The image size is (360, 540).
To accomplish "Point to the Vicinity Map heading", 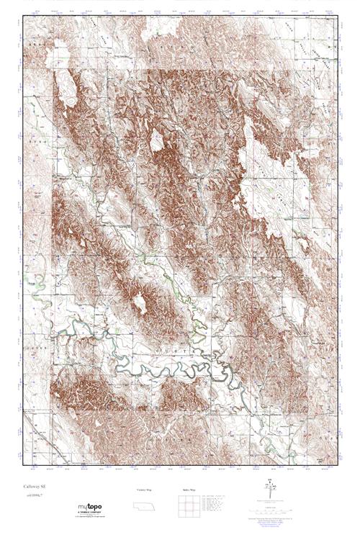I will point(144,490).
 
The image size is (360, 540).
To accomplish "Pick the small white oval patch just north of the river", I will point(142,306).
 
